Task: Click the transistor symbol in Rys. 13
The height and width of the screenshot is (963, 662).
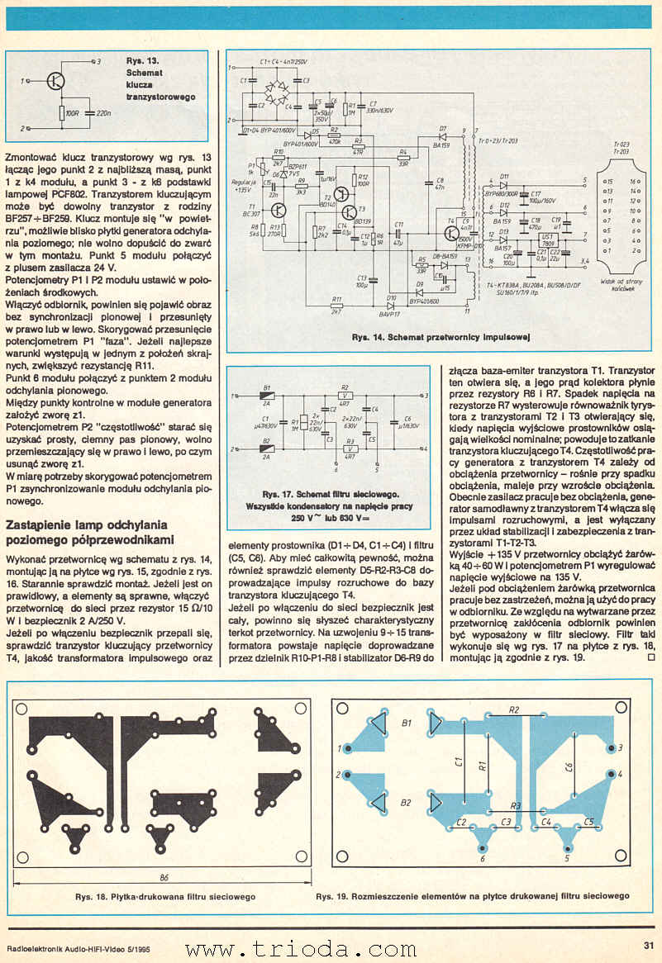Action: pos(56,81)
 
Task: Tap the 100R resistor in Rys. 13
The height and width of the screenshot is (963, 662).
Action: pos(61,112)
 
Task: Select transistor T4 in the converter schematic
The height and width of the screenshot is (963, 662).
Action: pos(454,232)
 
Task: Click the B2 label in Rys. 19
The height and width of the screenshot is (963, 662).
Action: pos(407,802)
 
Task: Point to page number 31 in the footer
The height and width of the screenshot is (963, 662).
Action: pos(647,946)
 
